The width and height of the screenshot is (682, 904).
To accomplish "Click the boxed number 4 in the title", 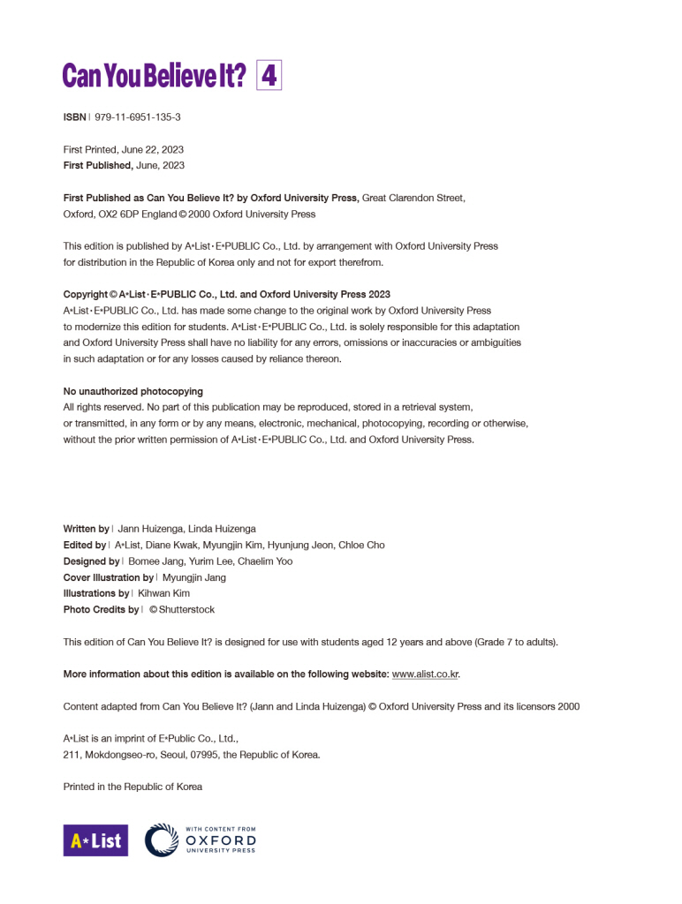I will coord(269,76).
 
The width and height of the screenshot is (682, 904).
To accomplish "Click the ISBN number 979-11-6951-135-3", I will coord(138,117).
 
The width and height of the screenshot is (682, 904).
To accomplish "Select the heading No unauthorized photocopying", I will coord(133,391).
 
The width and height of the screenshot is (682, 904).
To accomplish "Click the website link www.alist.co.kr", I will coord(425,674).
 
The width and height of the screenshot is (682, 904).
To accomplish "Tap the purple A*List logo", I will coord(95,840).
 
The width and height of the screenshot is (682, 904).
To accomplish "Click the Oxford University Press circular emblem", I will coord(162,840).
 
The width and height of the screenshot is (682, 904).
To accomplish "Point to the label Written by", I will coord(86,529).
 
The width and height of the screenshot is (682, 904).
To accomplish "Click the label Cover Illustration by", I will coord(108,577).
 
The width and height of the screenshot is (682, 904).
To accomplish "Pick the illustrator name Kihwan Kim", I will coord(163,593).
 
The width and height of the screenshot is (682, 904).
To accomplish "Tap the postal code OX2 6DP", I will coord(116,214).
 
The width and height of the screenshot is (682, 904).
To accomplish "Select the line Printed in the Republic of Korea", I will coord(133,787).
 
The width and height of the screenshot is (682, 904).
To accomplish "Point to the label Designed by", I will coord(91,561).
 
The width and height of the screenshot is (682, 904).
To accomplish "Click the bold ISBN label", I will coord(74,117).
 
